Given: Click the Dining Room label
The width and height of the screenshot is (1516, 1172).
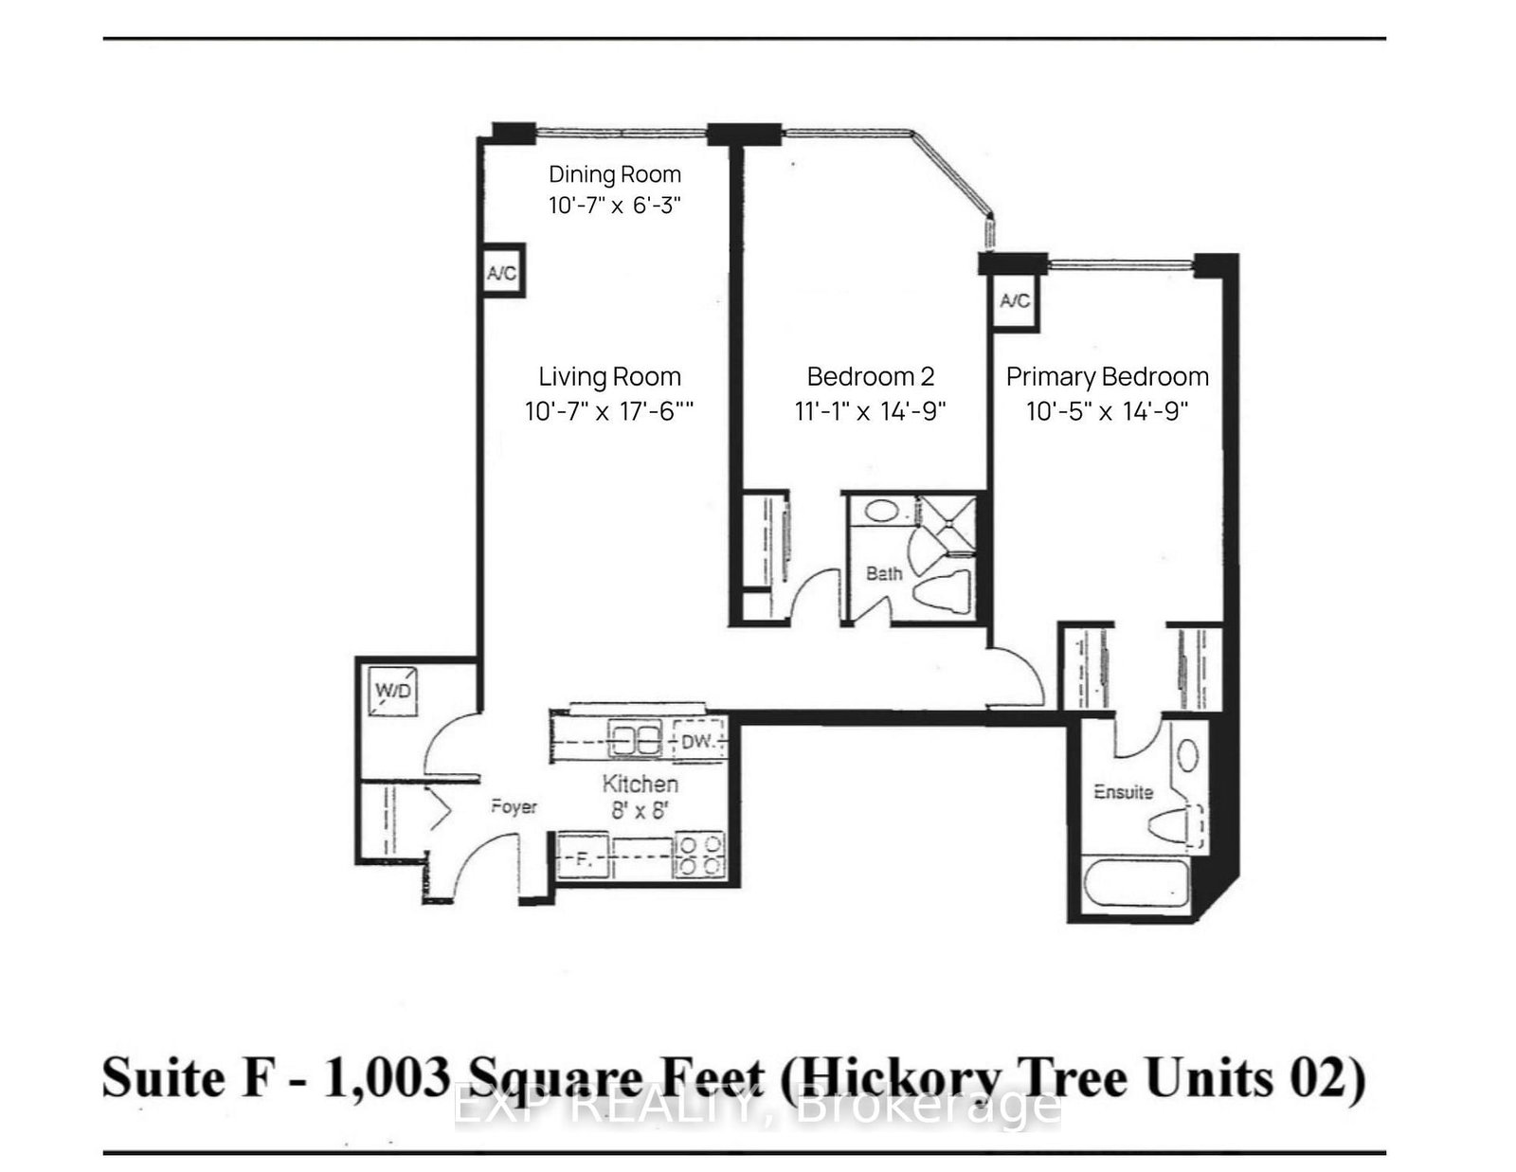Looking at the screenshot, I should tap(615, 174).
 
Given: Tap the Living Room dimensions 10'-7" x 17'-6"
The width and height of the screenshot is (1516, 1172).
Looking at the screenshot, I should tap(609, 411).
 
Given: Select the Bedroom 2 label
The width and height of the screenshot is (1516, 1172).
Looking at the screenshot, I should tap(871, 376).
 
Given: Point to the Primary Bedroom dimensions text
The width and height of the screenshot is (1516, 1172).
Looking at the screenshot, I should tap(1107, 411).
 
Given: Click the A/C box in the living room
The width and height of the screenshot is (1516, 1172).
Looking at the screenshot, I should tap(501, 274).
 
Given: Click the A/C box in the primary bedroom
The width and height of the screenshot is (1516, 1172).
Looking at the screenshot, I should tap(1015, 301).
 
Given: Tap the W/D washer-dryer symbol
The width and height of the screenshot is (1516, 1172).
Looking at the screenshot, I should tap(393, 690).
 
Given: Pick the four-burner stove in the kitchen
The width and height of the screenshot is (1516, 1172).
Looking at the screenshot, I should tap(699, 855).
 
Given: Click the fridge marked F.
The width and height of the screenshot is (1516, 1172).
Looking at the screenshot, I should tap(583, 859).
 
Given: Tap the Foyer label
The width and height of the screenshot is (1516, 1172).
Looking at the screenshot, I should tap(514, 807).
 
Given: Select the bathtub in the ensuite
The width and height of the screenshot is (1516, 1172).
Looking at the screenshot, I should tap(1135, 884).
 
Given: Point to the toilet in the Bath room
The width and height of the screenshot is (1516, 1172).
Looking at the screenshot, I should tap(943, 593).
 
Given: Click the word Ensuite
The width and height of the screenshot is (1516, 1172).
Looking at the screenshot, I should tap(1123, 791).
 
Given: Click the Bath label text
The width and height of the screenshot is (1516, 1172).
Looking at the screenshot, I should tap(883, 573).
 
